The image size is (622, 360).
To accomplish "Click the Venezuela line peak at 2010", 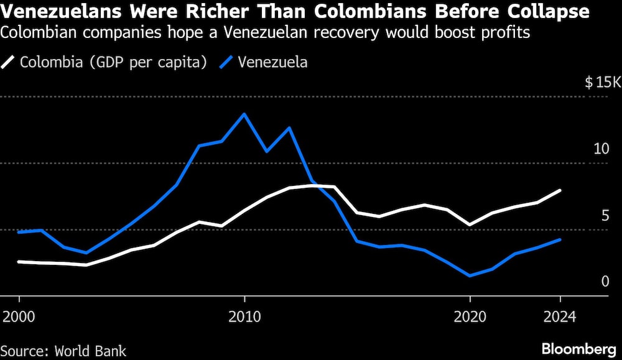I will point(244,114).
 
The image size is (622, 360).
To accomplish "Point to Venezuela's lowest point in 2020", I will point(470,275).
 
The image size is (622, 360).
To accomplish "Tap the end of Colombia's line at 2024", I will point(560,190).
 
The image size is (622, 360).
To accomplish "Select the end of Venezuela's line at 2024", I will point(560,239).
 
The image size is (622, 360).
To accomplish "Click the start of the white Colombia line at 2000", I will point(19,262).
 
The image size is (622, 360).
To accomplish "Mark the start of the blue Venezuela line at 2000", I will point(19,233).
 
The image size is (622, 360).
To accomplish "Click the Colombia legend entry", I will point(106,62).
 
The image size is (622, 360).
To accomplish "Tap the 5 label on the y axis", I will point(605,216).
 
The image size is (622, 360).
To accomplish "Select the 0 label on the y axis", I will point(605,282).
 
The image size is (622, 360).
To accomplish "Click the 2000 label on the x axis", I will point(19,316).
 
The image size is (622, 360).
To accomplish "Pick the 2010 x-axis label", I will point(244,316).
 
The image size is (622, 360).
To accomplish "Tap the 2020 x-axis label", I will point(470,316).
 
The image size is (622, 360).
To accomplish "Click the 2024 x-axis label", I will point(560,316).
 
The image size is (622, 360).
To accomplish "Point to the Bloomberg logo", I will point(580,349).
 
